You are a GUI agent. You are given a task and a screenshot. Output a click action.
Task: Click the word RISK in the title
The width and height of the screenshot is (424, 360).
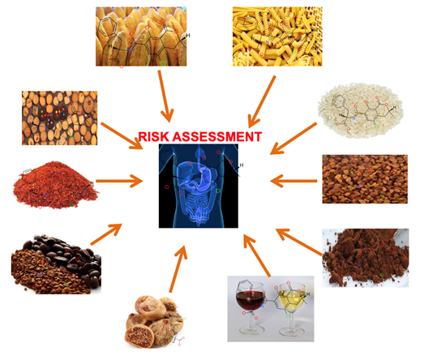153,136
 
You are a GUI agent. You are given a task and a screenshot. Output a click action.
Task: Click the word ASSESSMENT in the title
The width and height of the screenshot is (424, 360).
217,136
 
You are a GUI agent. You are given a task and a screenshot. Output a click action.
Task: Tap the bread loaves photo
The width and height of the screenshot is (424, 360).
141,36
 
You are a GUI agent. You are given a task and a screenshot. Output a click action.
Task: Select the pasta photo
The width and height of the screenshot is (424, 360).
277,36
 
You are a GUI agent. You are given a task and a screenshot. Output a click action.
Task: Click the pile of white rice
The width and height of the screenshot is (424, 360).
361,110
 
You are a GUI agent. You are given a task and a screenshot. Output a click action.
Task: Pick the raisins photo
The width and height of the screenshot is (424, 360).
365,178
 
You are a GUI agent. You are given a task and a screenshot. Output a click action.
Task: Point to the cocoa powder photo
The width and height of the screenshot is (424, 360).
366,258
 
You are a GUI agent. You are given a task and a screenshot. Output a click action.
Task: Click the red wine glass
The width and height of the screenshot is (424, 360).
251,307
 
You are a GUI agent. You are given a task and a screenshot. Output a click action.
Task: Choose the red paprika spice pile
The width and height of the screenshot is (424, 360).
55,186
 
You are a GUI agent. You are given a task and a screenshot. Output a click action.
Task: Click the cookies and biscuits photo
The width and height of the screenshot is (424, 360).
59,118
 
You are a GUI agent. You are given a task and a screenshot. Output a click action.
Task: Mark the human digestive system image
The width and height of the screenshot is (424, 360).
199,186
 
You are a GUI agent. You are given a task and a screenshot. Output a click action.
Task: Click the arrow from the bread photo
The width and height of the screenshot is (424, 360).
165,96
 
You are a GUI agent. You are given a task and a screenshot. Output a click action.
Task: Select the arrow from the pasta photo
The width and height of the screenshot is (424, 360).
262,101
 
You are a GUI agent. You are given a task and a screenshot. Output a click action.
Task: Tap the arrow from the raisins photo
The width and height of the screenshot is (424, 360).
293,181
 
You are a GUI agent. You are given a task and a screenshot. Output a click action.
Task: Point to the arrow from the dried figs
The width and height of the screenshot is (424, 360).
178,269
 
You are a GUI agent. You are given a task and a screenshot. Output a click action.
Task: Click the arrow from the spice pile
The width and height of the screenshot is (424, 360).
119,181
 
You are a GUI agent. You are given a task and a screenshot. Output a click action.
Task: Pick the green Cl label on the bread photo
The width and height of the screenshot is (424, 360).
162,63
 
